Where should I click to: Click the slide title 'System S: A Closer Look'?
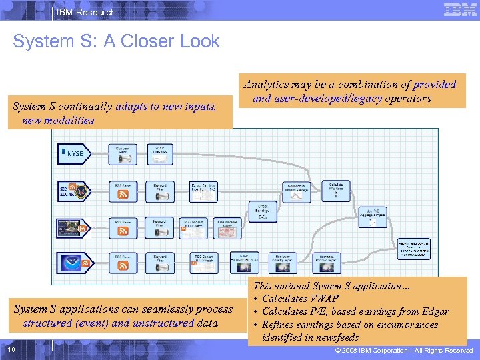click(x=116, y=41)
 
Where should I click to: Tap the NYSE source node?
click(x=73, y=153)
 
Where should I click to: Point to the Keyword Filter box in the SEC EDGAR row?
click(x=159, y=191)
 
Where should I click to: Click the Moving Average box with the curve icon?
click(x=297, y=191)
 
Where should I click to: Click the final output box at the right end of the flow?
click(x=414, y=248)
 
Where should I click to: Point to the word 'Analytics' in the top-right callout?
click(x=267, y=85)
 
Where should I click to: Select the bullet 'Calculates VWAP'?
click(x=300, y=299)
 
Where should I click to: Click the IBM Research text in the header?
click(x=87, y=12)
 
